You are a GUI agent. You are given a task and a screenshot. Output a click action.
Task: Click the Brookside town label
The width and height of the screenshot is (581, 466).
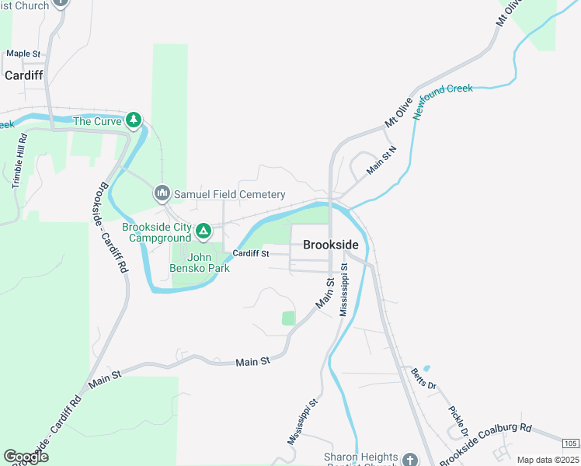click(331, 244)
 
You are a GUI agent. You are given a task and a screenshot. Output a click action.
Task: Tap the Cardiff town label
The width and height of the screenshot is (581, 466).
click(23, 75)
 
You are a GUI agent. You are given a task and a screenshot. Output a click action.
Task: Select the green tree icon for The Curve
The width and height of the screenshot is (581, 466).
click(135, 120)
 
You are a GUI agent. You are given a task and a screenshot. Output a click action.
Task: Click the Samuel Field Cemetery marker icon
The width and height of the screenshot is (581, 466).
click(162, 193)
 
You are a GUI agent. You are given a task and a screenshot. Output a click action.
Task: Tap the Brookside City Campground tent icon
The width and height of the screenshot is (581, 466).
click(203, 231)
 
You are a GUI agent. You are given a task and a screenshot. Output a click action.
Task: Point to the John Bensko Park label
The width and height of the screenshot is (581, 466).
click(200, 263)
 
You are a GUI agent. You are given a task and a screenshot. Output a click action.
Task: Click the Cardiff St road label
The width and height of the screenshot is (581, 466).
click(251, 253)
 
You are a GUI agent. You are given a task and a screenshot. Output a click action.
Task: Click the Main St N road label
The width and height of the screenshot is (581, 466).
click(381, 159)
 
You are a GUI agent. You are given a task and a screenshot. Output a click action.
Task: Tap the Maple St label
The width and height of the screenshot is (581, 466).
click(23, 54)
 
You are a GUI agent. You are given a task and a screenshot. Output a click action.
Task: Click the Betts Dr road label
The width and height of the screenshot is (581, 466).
click(424, 378)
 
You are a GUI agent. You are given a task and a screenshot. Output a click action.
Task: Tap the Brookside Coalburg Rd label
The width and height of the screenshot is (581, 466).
click(485, 445)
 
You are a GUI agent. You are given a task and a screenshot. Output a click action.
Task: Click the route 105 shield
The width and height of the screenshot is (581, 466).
click(570, 443)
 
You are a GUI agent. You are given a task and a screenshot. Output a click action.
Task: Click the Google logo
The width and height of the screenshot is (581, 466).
click(26, 457)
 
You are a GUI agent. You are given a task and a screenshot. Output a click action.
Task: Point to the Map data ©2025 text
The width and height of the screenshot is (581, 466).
click(548, 460)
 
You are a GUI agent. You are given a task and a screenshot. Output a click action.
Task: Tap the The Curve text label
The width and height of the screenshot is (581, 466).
click(97, 121)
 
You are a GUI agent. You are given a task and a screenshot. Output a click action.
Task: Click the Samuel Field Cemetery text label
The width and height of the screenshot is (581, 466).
click(229, 194)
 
